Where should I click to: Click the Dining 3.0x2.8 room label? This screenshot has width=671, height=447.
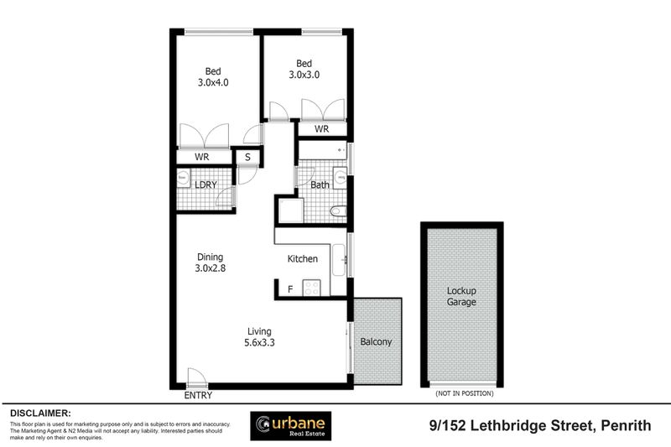point(211,262)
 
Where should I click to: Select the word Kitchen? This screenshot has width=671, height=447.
point(303,259)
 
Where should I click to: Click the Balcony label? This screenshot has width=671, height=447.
point(376,342)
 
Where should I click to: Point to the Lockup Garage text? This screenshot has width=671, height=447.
point(461,296)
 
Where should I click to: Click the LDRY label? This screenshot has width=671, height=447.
point(205,185)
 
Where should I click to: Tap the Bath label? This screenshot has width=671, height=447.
point(319,185)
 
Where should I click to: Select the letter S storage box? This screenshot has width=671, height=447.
point(247,157)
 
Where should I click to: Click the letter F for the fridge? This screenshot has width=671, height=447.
point(290,289)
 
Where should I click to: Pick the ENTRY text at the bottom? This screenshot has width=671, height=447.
point(197,395)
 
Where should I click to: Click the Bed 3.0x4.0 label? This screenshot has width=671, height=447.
point(212,77)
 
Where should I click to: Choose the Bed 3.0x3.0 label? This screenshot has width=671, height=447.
point(304,69)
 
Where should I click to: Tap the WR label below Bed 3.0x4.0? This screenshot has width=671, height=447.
point(202,157)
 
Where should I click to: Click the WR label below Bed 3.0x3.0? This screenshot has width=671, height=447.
point(321,129)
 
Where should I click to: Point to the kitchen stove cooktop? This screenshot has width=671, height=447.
point(312,288)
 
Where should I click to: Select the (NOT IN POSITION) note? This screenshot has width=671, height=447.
point(463,393)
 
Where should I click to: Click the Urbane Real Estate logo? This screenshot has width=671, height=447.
point(292,426)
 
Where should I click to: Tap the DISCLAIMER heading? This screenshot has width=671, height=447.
point(40,413)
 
